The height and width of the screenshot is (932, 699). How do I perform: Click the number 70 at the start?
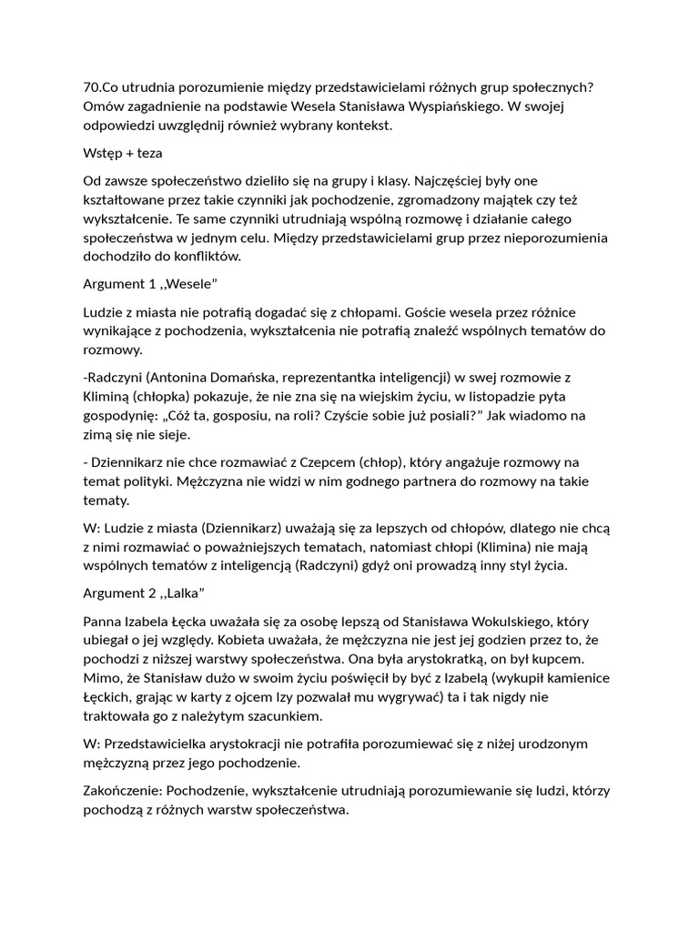point(91,86)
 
